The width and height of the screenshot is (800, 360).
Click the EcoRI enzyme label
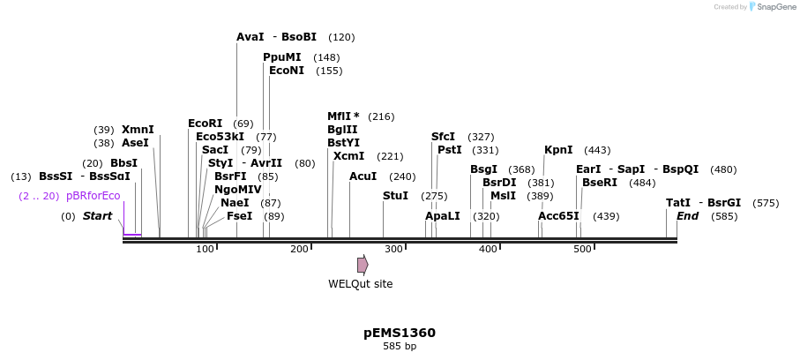(206, 124)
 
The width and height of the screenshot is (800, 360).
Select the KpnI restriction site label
(558, 150)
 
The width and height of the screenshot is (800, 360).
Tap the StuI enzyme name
(395, 196)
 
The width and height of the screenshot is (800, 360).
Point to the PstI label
(450, 150)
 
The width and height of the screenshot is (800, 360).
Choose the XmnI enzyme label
(138, 130)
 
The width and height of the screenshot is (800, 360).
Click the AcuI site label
(363, 176)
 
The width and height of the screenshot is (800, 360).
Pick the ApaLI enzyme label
(443, 216)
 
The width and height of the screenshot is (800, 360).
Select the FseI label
(239, 216)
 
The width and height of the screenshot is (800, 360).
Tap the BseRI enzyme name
(600, 183)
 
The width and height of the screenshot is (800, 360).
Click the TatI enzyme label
(678, 203)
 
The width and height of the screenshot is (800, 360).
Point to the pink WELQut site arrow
(363, 265)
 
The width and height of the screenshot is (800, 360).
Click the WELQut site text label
(361, 284)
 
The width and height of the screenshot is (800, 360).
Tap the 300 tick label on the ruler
(393, 250)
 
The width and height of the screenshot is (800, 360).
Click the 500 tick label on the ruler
(582, 250)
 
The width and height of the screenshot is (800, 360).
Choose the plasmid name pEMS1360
(400, 334)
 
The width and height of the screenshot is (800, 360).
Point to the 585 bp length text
(400, 347)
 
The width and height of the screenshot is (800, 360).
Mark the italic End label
(687, 216)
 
